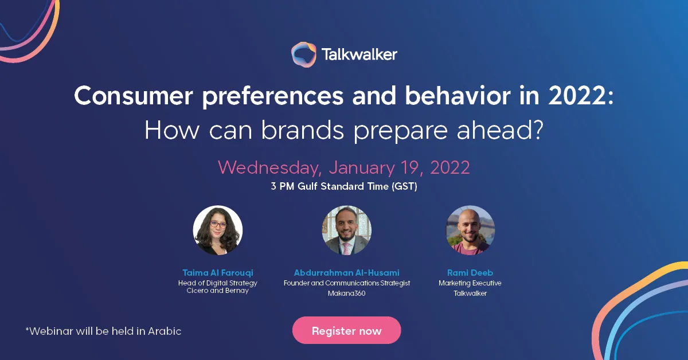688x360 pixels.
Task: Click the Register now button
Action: click(346, 330)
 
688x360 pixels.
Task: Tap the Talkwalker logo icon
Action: click(303, 54)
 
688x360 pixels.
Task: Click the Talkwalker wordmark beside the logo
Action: click(359, 54)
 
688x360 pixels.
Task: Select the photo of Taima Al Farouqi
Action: click(218, 230)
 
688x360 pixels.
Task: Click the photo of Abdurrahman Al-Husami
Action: click(346, 230)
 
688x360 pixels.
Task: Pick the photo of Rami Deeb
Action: click(470, 230)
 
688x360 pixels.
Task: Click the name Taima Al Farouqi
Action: click(218, 272)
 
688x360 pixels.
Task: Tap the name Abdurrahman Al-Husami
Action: click(346, 272)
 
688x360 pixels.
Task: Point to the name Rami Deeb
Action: click(470, 272)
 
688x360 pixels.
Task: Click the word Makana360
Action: click(346, 294)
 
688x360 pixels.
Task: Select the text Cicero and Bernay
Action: click(217, 291)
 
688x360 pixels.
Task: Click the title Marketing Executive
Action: click(470, 283)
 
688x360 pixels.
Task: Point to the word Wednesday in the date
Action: click(269, 168)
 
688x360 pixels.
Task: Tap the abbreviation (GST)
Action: click(404, 186)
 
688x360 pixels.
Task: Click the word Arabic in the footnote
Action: click(165, 331)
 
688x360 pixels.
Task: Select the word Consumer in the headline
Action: click(134, 96)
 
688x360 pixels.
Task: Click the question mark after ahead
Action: click(537, 130)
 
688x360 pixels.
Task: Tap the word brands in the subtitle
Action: click(303, 130)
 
